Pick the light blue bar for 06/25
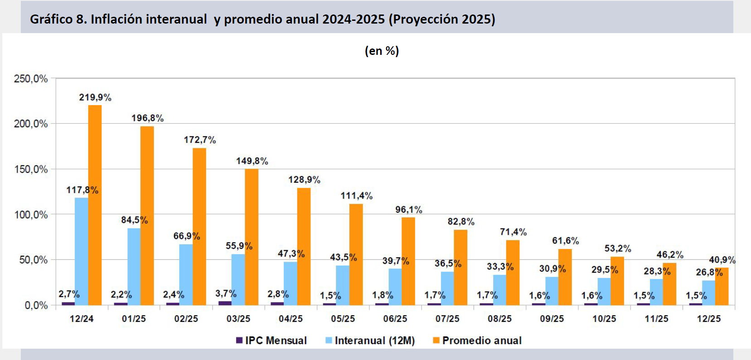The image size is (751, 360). [x=395, y=287]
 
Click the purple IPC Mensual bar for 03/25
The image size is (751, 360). [x=225, y=303]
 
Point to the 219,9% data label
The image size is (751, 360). [x=95, y=97]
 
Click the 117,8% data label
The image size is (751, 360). [x=82, y=190]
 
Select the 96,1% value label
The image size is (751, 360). [x=408, y=209]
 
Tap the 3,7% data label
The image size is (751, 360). [x=226, y=294]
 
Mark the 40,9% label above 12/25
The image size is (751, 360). [x=722, y=260]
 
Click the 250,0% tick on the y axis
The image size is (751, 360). [x=31, y=79]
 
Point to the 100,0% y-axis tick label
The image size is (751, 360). [x=31, y=214]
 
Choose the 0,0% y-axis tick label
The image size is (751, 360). [x=36, y=306]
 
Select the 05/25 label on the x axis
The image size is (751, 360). [x=343, y=319]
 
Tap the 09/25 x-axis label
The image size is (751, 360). [x=552, y=319]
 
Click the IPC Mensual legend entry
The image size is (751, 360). [x=271, y=341]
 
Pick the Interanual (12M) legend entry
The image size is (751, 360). [x=370, y=341]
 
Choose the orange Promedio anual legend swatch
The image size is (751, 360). [x=436, y=341]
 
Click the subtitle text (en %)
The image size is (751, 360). [x=382, y=51]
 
